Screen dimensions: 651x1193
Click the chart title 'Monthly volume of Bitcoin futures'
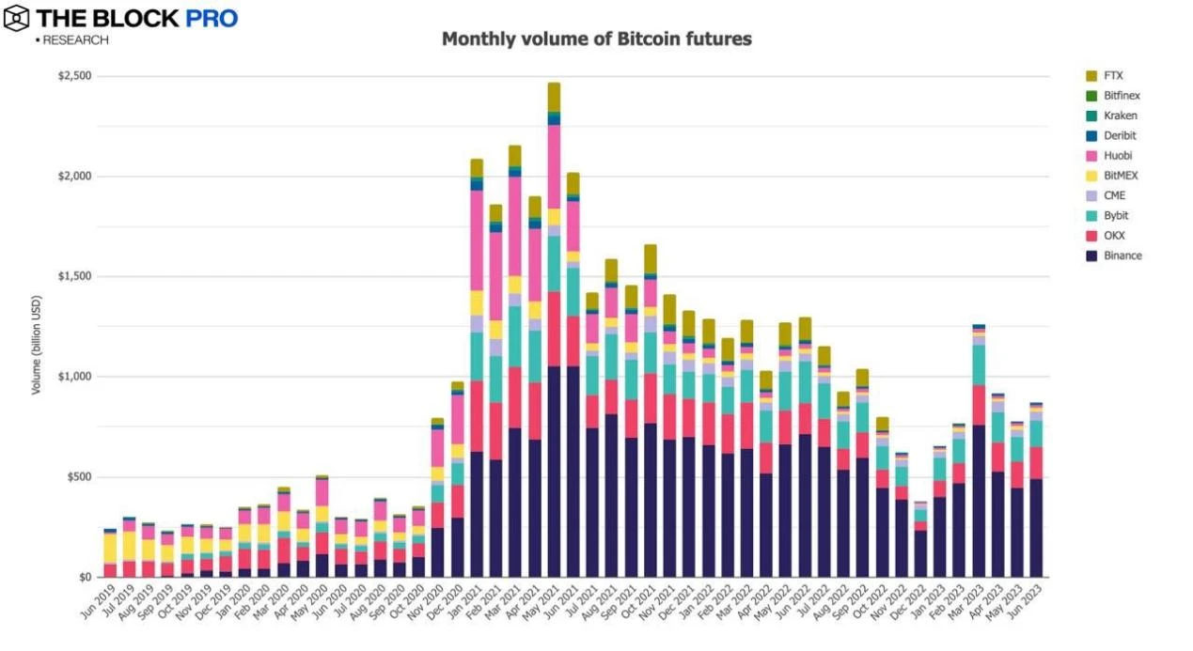[596, 39]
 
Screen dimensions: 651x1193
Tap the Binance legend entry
[1123, 256]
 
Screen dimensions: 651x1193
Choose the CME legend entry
[1115, 195]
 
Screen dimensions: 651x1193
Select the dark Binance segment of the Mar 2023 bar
[979, 503]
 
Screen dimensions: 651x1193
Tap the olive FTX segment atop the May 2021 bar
[554, 97]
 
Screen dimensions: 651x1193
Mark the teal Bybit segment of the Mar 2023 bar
[979, 365]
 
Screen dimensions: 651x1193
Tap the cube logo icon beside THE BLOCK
[17, 18]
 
